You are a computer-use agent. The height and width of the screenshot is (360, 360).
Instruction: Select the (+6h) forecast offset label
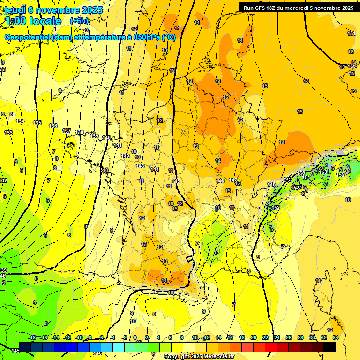pos(79,21)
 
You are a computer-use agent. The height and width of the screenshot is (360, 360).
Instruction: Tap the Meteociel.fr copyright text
pos(199,357)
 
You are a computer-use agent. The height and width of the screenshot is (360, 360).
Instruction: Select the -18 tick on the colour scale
pos(31,337)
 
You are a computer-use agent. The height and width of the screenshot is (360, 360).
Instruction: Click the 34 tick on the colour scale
pos(335,337)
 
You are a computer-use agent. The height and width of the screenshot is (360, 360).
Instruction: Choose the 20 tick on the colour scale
pos(254,337)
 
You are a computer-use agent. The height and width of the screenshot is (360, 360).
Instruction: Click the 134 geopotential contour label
pos(20,121)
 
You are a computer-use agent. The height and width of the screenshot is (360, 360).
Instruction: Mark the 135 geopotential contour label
pos(37,123)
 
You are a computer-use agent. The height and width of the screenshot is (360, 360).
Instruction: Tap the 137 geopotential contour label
pos(67,131)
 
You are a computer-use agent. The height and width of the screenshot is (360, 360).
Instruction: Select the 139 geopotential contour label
pos(94,136)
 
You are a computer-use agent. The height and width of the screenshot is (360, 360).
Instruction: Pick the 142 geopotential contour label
pos(125,156)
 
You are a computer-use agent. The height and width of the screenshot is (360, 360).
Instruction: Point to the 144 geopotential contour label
pos(155,169)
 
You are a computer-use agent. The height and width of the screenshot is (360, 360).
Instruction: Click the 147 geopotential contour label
pos(233,180)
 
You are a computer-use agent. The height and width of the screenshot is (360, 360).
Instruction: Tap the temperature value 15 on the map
pos(225,97)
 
